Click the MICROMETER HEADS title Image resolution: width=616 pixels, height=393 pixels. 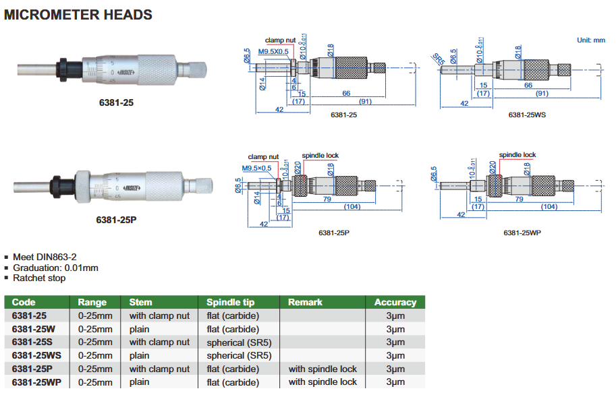[78, 14]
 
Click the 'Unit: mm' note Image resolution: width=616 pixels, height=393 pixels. [591, 40]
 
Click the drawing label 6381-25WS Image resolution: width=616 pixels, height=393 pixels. [527, 115]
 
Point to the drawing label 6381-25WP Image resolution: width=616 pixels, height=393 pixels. [522, 233]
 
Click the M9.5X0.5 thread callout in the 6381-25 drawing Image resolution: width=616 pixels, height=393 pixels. [273, 51]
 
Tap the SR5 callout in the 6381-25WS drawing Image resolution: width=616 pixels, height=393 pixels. [438, 59]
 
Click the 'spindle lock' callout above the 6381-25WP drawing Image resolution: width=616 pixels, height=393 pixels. [517, 155]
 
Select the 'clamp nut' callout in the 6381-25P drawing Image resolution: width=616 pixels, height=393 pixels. [262, 156]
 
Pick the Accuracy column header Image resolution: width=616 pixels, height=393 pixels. [395, 302]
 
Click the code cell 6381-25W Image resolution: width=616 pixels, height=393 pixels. [34, 329]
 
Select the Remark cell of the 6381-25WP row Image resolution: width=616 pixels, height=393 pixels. [323, 382]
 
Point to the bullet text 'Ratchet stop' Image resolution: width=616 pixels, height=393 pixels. [39, 278]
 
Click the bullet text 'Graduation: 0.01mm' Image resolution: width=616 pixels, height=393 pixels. [55, 268]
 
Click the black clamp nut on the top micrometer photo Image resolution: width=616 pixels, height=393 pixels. [65, 67]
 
